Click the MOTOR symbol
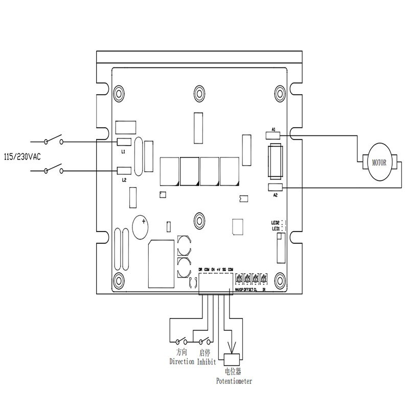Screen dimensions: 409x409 pos(379,163)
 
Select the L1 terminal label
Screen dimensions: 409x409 pos(123,152)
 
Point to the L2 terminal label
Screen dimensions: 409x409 pos(123,180)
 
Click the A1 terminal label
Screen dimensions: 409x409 pos(274,130)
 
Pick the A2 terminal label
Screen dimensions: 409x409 pos(275,195)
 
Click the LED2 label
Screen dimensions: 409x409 pos(275,223)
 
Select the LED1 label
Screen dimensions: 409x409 pos(275,229)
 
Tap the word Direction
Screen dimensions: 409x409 pos(181,361)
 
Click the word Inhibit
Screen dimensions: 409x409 pos(207,361)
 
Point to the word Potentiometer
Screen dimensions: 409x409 pos(234,381)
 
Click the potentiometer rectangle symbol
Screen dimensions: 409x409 pos(233,358)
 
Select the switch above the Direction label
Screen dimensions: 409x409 pos(181,341)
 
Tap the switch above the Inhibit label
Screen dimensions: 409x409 pos(204,341)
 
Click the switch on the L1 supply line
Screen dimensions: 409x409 pos(53,140)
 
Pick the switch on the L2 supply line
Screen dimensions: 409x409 pos(53,169)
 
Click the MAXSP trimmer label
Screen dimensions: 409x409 pos(238,289)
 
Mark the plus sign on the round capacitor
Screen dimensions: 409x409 pos(144,222)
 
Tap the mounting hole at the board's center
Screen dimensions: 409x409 pos(199,220)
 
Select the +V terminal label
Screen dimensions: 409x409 pos(218,269)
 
